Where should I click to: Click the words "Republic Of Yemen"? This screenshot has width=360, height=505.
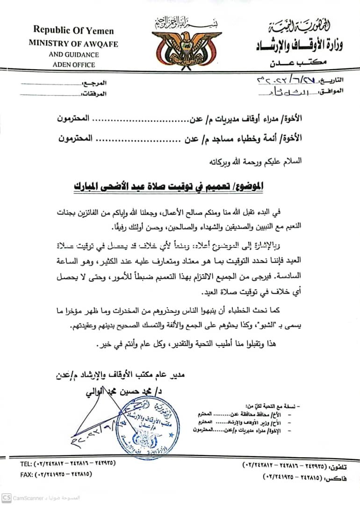73,30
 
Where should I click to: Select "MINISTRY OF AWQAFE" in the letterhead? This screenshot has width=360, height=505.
73,44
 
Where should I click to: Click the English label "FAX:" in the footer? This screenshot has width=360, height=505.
26,474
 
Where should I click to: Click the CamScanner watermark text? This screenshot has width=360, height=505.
31,498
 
